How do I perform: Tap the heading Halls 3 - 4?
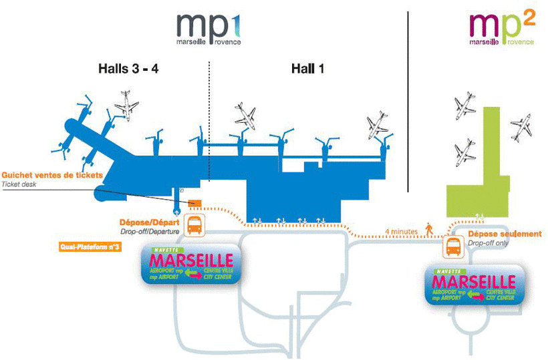point(128,68)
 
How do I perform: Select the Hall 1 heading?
point(308,68)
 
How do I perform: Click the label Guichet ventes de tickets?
point(52,175)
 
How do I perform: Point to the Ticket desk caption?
point(21,184)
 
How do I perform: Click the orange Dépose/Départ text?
point(150,222)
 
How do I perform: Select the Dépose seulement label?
point(505,234)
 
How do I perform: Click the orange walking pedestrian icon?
point(428,229)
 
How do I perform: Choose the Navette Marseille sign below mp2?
point(474,285)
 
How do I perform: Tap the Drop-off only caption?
point(488,244)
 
